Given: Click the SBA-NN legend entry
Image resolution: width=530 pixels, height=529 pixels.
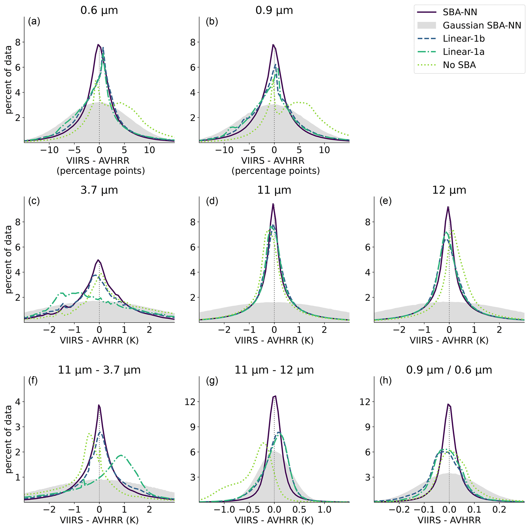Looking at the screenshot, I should [x=460, y=12].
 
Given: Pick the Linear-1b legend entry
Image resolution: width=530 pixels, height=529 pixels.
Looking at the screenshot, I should [x=464, y=39].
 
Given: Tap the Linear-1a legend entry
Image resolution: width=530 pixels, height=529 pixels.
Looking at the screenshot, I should [x=464, y=52].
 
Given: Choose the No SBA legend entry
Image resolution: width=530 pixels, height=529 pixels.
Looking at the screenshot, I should [x=459, y=65].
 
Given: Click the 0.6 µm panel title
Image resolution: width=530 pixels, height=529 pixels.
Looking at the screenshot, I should [x=99, y=11].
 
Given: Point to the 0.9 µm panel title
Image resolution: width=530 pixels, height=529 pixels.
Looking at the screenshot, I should [x=274, y=11].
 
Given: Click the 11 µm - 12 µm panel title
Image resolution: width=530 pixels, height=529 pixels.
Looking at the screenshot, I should [x=274, y=370].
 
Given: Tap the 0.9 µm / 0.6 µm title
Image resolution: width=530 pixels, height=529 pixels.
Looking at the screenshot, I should [x=449, y=370].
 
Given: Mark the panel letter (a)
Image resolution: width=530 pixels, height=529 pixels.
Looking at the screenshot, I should [x=34, y=21].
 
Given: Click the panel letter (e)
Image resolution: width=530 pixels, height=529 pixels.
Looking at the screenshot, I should [x=385, y=201].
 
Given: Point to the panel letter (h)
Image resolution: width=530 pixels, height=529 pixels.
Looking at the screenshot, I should [x=385, y=381].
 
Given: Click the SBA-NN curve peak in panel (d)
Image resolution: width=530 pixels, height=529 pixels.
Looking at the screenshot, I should [x=273, y=204].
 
